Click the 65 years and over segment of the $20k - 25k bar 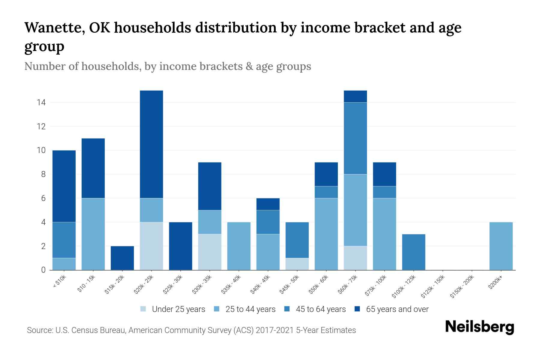point(151,144)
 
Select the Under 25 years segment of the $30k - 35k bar point(210,252)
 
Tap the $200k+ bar point(501,246)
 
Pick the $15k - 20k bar point(122,258)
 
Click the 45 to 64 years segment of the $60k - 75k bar point(355,138)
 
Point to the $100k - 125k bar point(414,252)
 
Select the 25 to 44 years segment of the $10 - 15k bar point(93,234)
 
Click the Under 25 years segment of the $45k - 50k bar point(297,264)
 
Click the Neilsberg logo point(479,327)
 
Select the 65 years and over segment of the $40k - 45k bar point(268,204)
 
